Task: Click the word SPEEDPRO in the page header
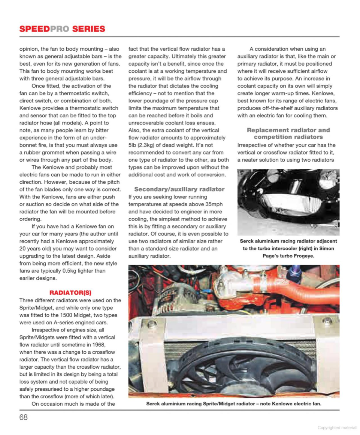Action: click(x=44, y=29)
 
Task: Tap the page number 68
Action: click(x=24, y=417)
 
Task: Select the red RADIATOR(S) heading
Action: click(x=70, y=292)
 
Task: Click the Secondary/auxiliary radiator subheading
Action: click(x=179, y=189)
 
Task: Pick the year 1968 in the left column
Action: click(x=93, y=345)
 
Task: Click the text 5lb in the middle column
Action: click(x=134, y=145)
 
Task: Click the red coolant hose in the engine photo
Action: click(x=285, y=289)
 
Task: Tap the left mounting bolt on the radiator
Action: click(x=152, y=324)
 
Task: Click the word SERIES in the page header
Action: click(x=89, y=29)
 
